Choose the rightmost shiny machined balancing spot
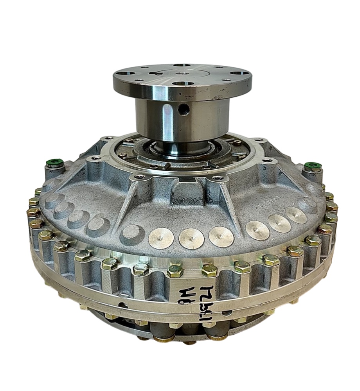point(296,215)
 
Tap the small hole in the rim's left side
point(123,305)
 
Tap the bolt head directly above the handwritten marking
point(209,270)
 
